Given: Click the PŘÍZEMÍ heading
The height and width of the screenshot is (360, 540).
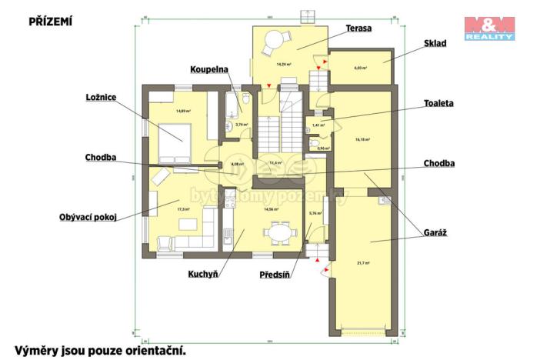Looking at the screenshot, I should [x=50, y=22].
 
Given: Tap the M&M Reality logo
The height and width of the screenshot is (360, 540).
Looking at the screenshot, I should [x=488, y=28].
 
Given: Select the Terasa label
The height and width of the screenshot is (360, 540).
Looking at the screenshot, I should [x=358, y=28].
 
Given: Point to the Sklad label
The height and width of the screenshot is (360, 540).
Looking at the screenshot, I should [x=435, y=43].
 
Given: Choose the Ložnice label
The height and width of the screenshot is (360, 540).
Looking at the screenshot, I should [x=103, y=97].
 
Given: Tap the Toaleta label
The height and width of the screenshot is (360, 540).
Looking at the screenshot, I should [x=438, y=102].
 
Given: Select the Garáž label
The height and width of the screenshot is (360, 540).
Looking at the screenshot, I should [x=435, y=232].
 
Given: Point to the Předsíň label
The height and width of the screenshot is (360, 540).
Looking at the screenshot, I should [x=275, y=273].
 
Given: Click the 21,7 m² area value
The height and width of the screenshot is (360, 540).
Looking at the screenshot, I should [x=363, y=263].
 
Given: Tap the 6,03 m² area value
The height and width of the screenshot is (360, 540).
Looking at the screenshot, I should [x=360, y=68].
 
